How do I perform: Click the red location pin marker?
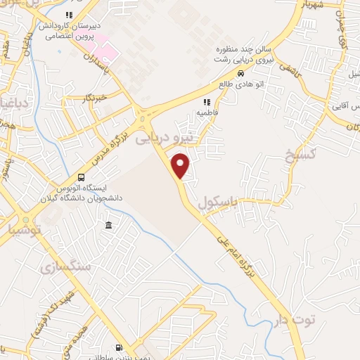(181, 166)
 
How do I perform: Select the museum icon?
(108, 225)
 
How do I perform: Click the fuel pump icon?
(118, 347)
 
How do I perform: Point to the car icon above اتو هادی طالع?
(240, 73)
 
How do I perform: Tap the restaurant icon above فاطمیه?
(206, 103)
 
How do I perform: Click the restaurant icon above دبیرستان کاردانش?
(68, 15)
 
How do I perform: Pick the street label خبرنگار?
(91, 97)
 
